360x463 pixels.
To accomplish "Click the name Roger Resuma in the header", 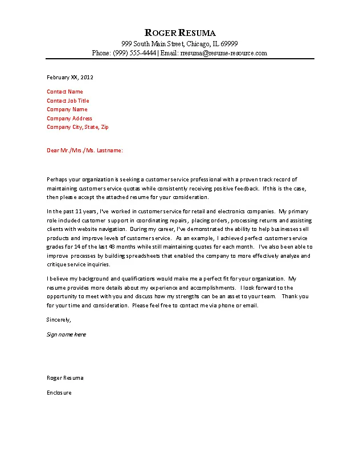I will point(180,33).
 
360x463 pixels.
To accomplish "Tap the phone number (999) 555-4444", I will point(134,53).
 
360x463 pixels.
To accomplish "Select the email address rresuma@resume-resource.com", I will point(224,53).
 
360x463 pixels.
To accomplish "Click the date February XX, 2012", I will point(69,77).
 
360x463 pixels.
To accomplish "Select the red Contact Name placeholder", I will point(65,92).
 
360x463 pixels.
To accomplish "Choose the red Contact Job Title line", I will point(68,101).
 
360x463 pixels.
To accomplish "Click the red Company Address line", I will point(69,119).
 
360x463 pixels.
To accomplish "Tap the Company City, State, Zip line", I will point(77,127).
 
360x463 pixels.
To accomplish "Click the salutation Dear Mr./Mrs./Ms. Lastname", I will point(84,151).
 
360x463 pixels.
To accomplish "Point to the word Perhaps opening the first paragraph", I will point(58,179).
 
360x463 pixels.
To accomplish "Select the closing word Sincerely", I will point(59,319).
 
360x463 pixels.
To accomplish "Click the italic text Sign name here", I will point(66,335).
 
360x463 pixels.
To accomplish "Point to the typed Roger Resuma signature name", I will point(65,378).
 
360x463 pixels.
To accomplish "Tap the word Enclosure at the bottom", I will point(59,393).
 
